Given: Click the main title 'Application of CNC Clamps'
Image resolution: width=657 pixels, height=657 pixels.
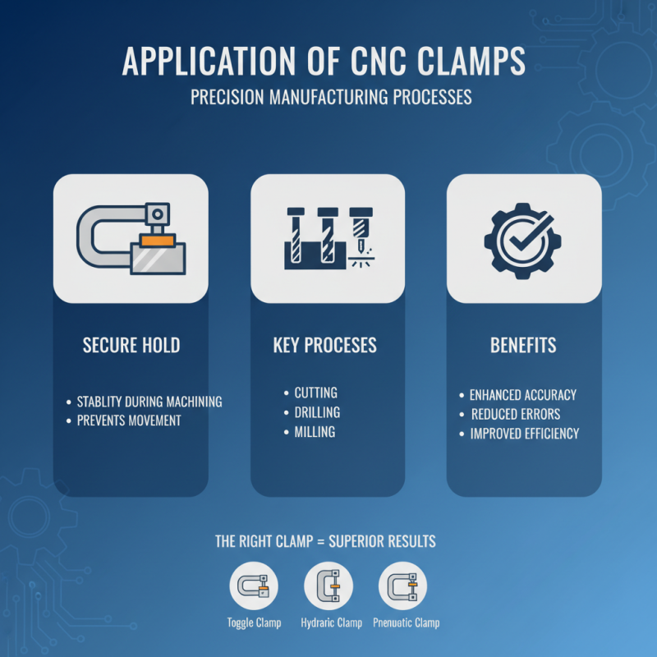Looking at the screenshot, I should pyautogui.click(x=328, y=62).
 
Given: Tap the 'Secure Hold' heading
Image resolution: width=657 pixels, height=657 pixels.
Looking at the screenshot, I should pyautogui.click(x=131, y=345).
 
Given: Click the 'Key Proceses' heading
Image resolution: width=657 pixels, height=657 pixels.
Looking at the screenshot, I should pyautogui.click(x=325, y=345).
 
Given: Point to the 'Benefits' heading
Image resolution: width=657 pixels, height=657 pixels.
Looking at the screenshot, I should pyautogui.click(x=523, y=345).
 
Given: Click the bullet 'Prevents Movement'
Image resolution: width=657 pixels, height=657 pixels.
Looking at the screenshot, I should pyautogui.click(x=128, y=420).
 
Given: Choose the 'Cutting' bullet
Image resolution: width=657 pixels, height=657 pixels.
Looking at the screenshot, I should pyautogui.click(x=316, y=393).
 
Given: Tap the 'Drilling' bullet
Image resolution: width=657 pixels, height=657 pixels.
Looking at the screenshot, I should pyautogui.click(x=317, y=412).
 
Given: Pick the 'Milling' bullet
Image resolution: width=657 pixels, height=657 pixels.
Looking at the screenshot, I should pyautogui.click(x=315, y=432).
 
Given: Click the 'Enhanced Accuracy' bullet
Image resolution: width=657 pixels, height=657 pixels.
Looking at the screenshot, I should pyautogui.click(x=523, y=395).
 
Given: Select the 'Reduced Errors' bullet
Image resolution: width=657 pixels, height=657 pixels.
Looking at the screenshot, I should pyautogui.click(x=515, y=414).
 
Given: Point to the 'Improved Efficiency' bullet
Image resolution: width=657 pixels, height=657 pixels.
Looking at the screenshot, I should pyautogui.click(x=524, y=434).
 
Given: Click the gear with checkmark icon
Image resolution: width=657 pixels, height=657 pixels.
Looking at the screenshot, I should pyautogui.click(x=523, y=237).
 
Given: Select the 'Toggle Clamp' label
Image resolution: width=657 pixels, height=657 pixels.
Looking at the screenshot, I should pyautogui.click(x=254, y=623).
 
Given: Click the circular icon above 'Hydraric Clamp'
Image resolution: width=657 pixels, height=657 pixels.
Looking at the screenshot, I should pyautogui.click(x=328, y=586).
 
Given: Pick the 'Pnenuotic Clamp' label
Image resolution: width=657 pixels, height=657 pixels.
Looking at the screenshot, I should pyautogui.click(x=406, y=623).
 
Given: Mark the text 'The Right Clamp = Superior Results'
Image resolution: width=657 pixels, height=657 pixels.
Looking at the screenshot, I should pyautogui.click(x=325, y=542).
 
